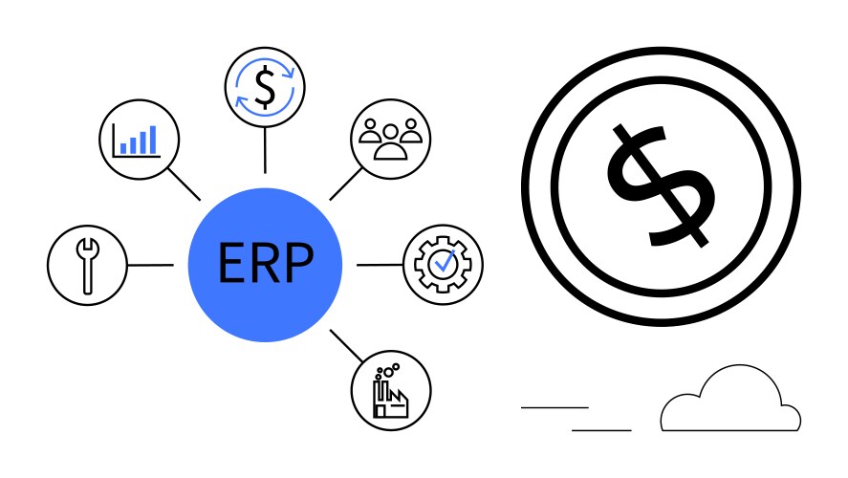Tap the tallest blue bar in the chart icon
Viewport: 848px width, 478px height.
[x=151, y=138]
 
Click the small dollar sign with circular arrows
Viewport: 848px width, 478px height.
[x=265, y=87]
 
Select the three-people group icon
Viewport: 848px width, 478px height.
[x=391, y=137]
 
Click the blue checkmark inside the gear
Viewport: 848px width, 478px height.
[x=443, y=260]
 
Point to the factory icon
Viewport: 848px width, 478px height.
[x=391, y=391]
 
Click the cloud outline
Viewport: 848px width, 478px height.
[x=731, y=402]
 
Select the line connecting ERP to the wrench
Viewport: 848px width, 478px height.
[x=150, y=264]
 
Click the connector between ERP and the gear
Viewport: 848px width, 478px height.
[x=379, y=264]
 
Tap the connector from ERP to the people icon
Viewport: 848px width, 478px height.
[x=346, y=183]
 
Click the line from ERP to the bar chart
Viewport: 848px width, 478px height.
[x=184, y=184]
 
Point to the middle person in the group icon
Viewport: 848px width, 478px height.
[x=391, y=143]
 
